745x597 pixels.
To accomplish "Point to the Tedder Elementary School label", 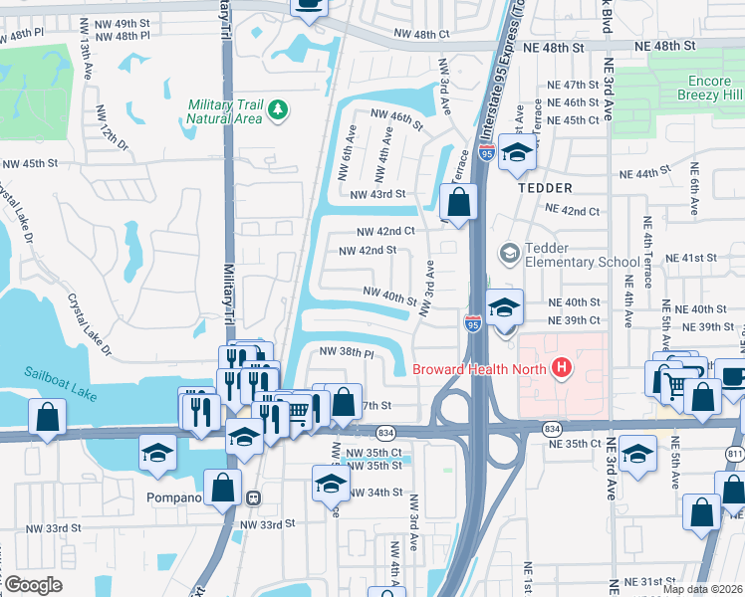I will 579,255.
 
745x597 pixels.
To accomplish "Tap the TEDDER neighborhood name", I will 545,188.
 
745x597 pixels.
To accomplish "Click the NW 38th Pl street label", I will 347,353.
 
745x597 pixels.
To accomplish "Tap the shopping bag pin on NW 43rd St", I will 457,203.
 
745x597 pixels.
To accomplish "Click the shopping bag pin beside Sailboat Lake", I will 47,418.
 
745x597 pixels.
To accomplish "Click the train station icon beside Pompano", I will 254,497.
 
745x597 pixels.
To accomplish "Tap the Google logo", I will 32,585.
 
